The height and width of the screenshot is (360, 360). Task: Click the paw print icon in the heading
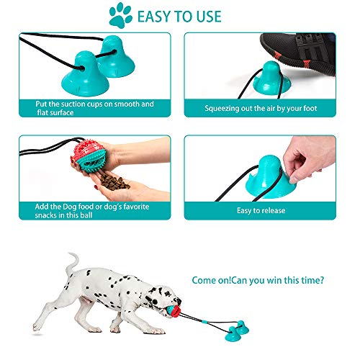click(120, 15)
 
